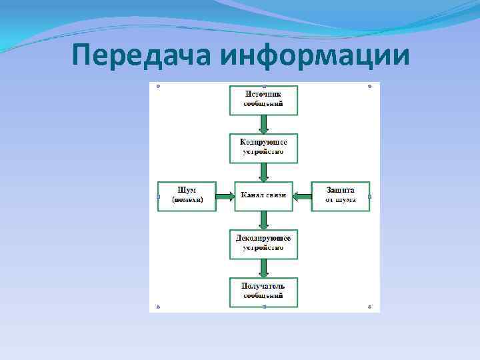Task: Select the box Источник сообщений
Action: point(263,100)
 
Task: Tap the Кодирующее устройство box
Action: point(263,147)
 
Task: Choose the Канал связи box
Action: point(263,196)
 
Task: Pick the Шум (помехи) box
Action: point(187,196)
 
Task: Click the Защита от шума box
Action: point(340,196)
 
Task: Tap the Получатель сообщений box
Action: point(263,291)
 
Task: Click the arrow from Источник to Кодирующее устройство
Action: point(263,124)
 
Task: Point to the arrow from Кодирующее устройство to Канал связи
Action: point(263,172)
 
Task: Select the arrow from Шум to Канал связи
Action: point(225,196)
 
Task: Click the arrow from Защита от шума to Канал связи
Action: point(302,196)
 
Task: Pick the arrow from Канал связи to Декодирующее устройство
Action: point(263,220)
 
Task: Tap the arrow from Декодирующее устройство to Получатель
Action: point(263,267)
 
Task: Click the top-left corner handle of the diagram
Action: point(158,86)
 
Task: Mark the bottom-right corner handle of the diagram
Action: point(369,307)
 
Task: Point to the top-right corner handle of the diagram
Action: point(369,86)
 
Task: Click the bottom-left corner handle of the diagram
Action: point(158,307)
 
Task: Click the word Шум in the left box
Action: point(187,191)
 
